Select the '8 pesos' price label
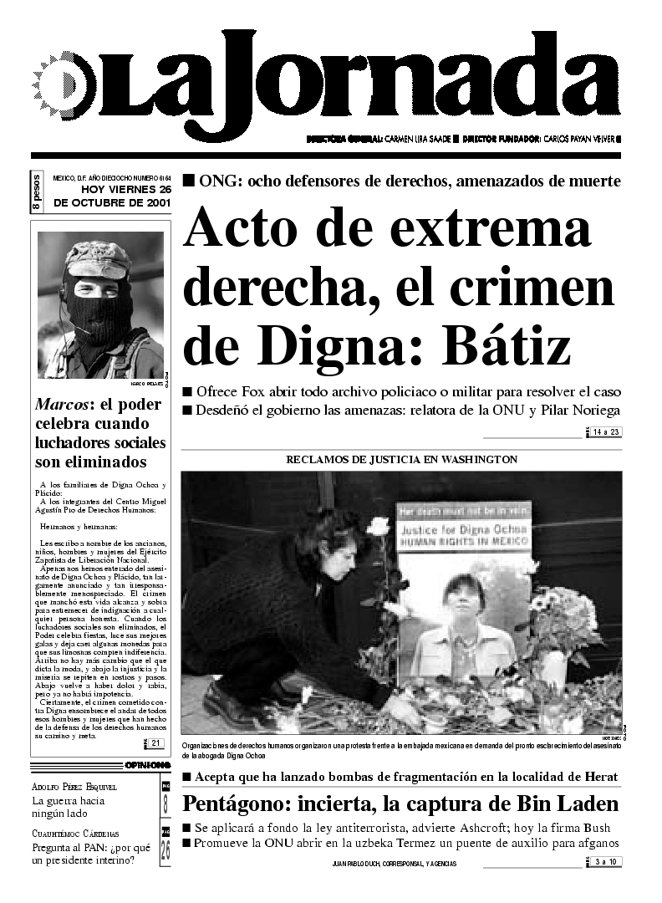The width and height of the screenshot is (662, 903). (x=38, y=193)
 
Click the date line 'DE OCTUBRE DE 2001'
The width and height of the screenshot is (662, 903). (x=112, y=202)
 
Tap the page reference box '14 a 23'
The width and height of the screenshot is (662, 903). (x=604, y=432)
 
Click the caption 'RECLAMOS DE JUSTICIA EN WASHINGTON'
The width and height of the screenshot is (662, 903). (x=401, y=460)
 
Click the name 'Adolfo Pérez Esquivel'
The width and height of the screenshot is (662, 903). (x=74, y=787)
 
